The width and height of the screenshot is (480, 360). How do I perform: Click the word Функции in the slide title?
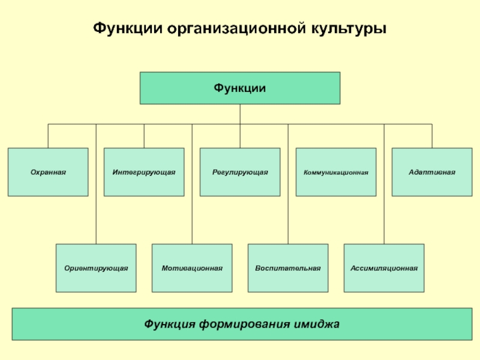coord(128,28)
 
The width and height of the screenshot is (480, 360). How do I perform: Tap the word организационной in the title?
coord(236,29)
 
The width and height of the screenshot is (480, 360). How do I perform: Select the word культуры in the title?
coord(349,29)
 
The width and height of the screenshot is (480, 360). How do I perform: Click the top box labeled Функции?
coord(240,88)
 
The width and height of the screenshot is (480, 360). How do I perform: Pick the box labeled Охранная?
coord(48,172)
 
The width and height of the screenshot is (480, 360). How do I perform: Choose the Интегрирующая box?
coord(144,172)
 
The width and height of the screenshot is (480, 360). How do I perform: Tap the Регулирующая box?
coord(240,172)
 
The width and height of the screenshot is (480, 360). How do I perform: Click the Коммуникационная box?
coord(336,172)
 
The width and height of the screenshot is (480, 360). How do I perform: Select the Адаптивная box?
coord(432,172)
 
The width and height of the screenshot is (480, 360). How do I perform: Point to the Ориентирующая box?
coord(96,268)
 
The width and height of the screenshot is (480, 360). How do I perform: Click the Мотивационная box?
coord(192,268)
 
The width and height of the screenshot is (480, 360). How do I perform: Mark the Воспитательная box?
coord(288,268)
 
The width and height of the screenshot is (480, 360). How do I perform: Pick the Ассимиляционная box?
coord(384,268)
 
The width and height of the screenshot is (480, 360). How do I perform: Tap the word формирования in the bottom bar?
coord(244,324)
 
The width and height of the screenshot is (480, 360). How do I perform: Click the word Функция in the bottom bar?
coord(170,324)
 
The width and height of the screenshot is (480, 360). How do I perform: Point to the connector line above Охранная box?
coord(48,136)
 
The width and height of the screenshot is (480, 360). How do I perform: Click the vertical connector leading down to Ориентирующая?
coord(96,184)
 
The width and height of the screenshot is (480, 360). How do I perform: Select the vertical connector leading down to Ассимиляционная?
coord(384,184)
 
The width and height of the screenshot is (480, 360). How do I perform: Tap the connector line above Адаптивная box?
coord(432,136)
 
